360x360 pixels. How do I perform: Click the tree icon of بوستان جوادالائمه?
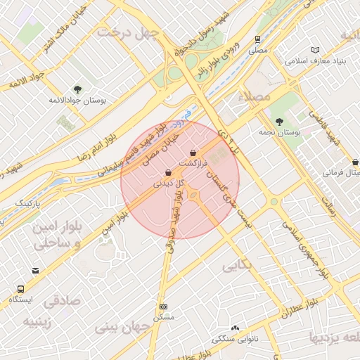coord(77,89)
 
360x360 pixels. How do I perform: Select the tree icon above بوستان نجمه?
coord(281,122)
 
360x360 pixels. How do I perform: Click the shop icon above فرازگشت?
coord(193,153)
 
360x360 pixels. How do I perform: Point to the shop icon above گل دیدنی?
coord(167,173)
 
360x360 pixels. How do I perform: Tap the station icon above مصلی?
coord(259,40)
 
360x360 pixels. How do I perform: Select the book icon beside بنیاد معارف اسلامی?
coord(314,50)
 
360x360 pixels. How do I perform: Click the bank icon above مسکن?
coord(164,307)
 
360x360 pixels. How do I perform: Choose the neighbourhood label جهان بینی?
coord(123,327)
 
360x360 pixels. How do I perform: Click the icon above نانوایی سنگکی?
coord(235,328)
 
